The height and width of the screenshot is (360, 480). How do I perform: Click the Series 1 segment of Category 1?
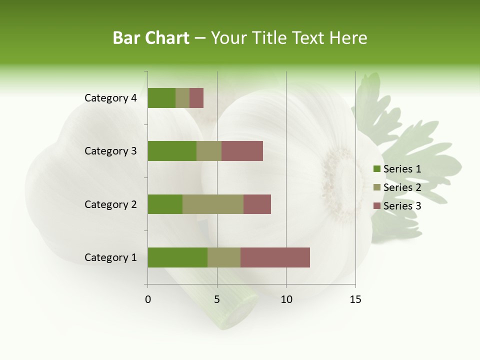(177, 257)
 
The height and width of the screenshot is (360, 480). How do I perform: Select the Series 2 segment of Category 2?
(213, 204)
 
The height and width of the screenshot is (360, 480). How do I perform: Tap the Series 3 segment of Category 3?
(242, 151)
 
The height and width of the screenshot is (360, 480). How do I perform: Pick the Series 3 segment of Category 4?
(196, 98)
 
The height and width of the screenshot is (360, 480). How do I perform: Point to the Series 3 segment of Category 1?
(275, 257)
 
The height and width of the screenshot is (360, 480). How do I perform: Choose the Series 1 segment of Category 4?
(161, 98)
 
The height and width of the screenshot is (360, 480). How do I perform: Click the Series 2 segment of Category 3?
(209, 151)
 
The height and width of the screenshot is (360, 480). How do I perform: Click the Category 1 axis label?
(110, 257)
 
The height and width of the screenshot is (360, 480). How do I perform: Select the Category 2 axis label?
(110, 204)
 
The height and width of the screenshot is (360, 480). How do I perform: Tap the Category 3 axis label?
(110, 151)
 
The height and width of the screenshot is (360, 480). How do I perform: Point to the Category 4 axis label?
(110, 98)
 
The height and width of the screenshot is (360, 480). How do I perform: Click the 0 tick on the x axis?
(148, 299)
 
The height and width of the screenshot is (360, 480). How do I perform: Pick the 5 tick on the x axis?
(217, 299)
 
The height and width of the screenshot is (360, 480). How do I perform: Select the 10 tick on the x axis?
(286, 299)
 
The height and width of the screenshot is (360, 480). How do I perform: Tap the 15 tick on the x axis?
(355, 299)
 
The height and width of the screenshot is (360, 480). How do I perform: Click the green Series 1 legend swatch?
(376, 169)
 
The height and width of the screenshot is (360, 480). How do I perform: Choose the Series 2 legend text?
(402, 187)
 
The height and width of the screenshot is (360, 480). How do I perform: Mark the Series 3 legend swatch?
(376, 206)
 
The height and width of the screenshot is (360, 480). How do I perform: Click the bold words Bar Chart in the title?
(151, 38)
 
